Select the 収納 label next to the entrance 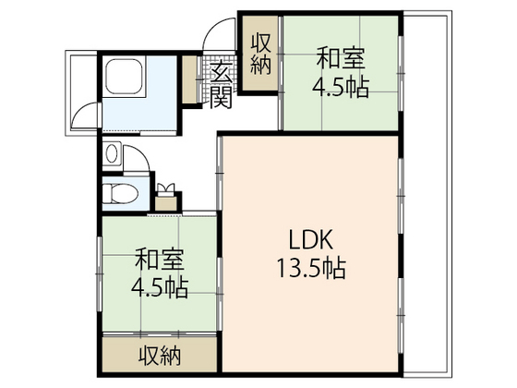point(259,54)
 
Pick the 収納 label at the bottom point(160,354)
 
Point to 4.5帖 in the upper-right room point(341,89)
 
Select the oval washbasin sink point(113,154)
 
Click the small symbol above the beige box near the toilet point(167,188)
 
